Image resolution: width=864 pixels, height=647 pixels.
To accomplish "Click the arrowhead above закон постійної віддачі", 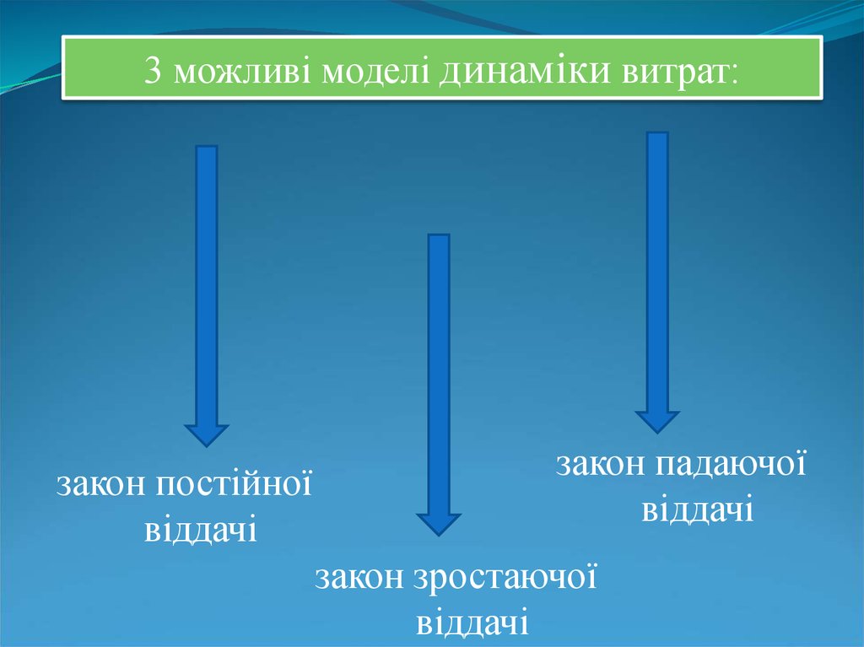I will click(206, 434).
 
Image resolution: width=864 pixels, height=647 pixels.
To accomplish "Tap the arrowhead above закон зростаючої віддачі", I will click(439, 523).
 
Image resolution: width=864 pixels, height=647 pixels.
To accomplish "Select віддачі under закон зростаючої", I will click(472, 623).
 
